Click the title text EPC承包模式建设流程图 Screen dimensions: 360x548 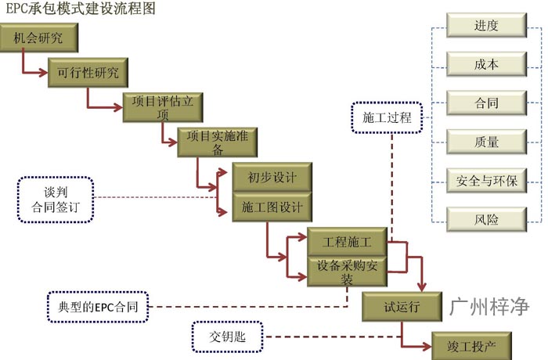(78, 9)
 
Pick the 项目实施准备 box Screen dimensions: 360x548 (218, 142)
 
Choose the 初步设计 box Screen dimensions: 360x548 (272, 178)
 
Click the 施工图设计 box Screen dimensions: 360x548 (272, 208)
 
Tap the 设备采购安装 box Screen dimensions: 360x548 (346, 271)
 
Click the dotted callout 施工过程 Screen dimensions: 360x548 (387, 119)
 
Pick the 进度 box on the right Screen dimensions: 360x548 (486, 26)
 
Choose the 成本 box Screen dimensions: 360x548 (486, 64)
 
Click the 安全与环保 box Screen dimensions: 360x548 (486, 181)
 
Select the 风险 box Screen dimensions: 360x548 (486, 219)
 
